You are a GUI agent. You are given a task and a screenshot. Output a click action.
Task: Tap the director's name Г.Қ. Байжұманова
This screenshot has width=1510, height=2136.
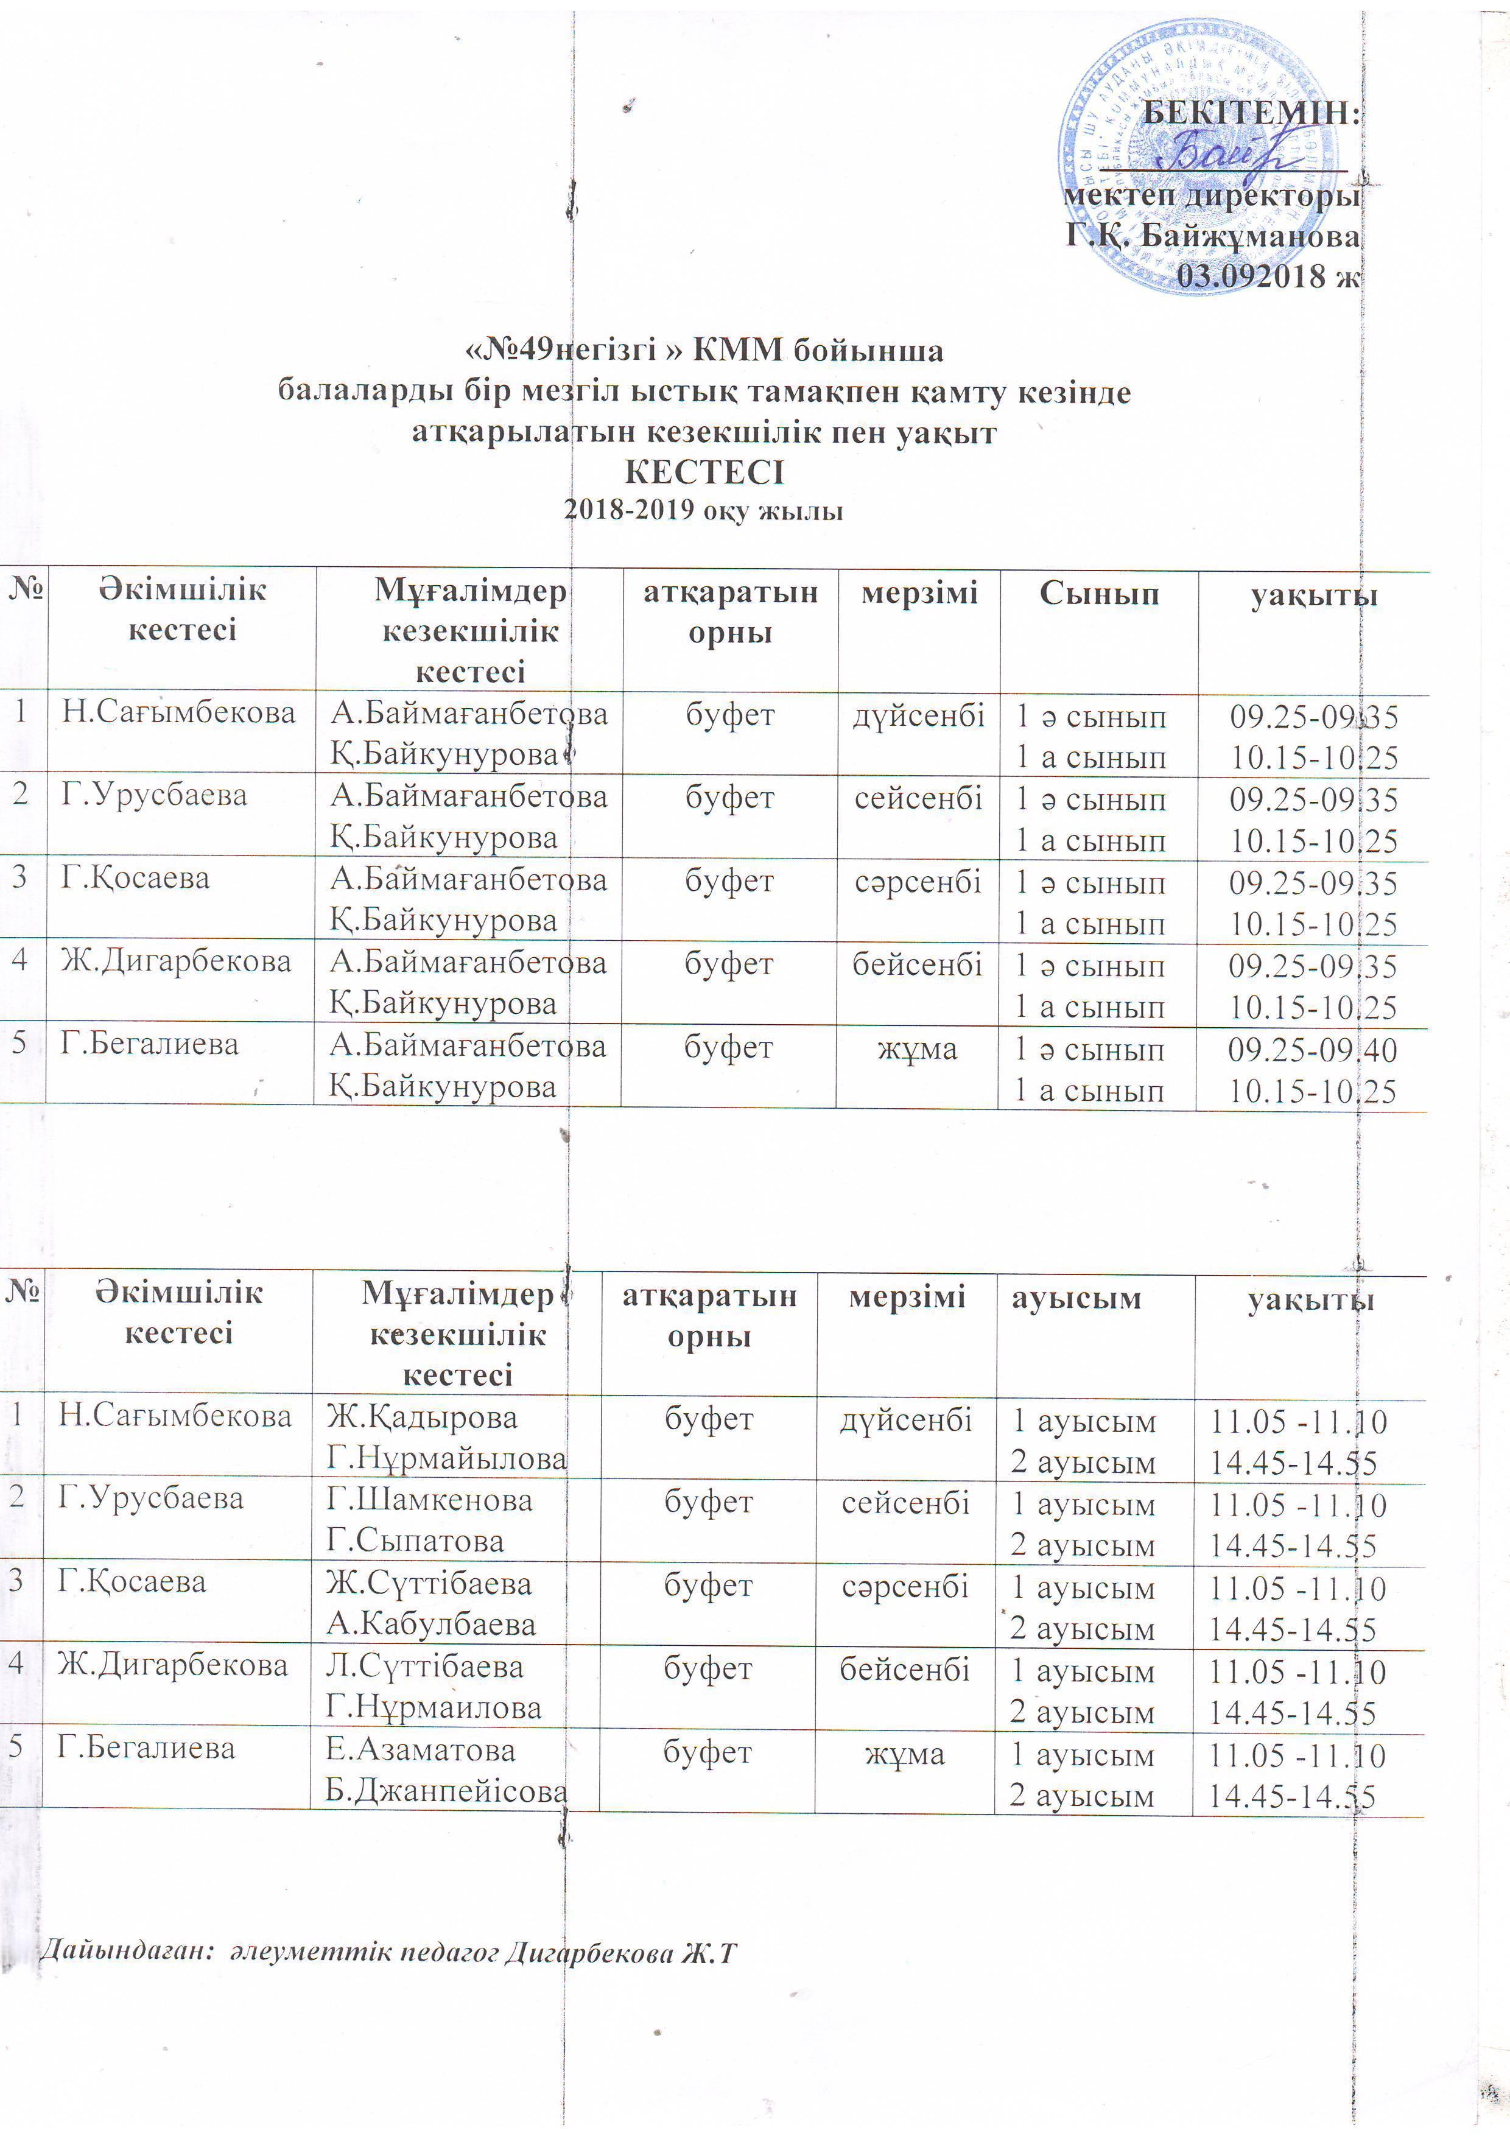pos(1212,236)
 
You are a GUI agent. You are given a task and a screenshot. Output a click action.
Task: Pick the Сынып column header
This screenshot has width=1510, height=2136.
pos(1099,594)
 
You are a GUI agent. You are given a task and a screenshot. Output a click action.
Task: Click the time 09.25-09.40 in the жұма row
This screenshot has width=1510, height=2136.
pos(1312,1050)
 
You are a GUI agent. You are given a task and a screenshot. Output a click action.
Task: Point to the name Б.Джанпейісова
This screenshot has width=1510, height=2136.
pos(446,1791)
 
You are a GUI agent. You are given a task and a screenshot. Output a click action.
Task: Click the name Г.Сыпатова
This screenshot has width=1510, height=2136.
pos(415,1541)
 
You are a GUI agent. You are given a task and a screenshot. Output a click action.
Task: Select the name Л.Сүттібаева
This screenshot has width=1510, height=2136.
pos(424,1666)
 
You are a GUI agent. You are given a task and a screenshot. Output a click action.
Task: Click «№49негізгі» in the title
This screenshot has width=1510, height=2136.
pos(574,351)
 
